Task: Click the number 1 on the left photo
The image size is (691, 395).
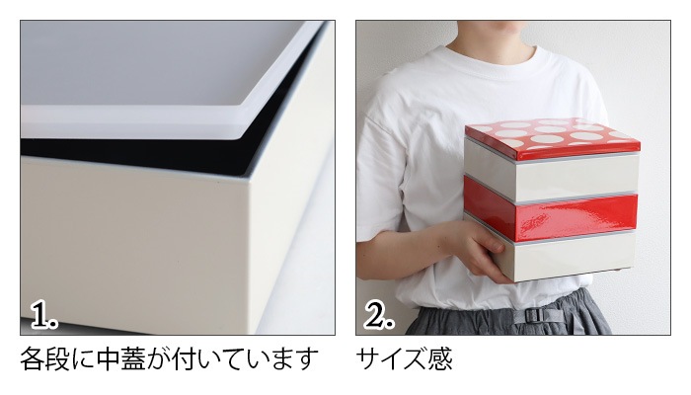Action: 44,316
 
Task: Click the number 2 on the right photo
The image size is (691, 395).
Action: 379,316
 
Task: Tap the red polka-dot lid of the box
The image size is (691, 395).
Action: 552,137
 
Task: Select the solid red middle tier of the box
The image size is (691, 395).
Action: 551,208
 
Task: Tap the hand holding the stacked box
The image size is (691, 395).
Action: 483,251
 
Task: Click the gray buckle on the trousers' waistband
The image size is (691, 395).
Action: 532,316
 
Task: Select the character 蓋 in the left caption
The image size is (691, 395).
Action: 133,358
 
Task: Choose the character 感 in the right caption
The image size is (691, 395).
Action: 440,358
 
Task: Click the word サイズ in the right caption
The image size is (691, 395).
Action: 392,358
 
